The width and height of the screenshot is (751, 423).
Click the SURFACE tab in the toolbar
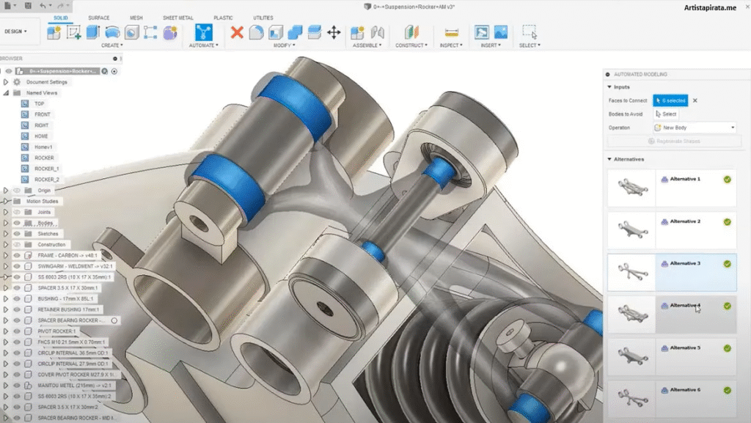pos(98,18)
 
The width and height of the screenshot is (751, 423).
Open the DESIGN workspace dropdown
pos(16,32)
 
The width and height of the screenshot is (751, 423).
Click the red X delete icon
pos(237,32)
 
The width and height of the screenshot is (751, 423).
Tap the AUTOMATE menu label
pos(203,45)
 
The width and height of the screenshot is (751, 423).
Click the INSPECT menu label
pos(451,45)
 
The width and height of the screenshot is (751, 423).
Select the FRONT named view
pos(43,114)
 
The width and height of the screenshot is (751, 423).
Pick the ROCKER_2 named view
pos(47,180)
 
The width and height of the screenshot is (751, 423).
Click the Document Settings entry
pos(46,82)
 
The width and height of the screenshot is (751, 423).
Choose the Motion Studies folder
pos(43,201)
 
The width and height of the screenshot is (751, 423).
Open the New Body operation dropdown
pos(694,128)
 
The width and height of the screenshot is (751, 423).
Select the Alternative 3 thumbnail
pos(631,272)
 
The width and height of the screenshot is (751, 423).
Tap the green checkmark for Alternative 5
pos(727,348)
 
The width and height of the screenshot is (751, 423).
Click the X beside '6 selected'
pos(695,100)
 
